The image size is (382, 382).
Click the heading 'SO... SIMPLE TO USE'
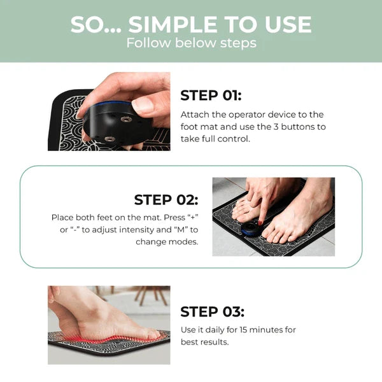tap(191, 24)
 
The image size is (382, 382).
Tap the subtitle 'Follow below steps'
tap(191, 43)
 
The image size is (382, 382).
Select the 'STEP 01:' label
tap(211, 95)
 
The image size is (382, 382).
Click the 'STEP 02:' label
tap(166, 199)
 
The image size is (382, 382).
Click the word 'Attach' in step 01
tap(194, 115)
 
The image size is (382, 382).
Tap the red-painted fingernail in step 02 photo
tap(260, 222)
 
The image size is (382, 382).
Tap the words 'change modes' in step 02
tap(166, 242)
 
